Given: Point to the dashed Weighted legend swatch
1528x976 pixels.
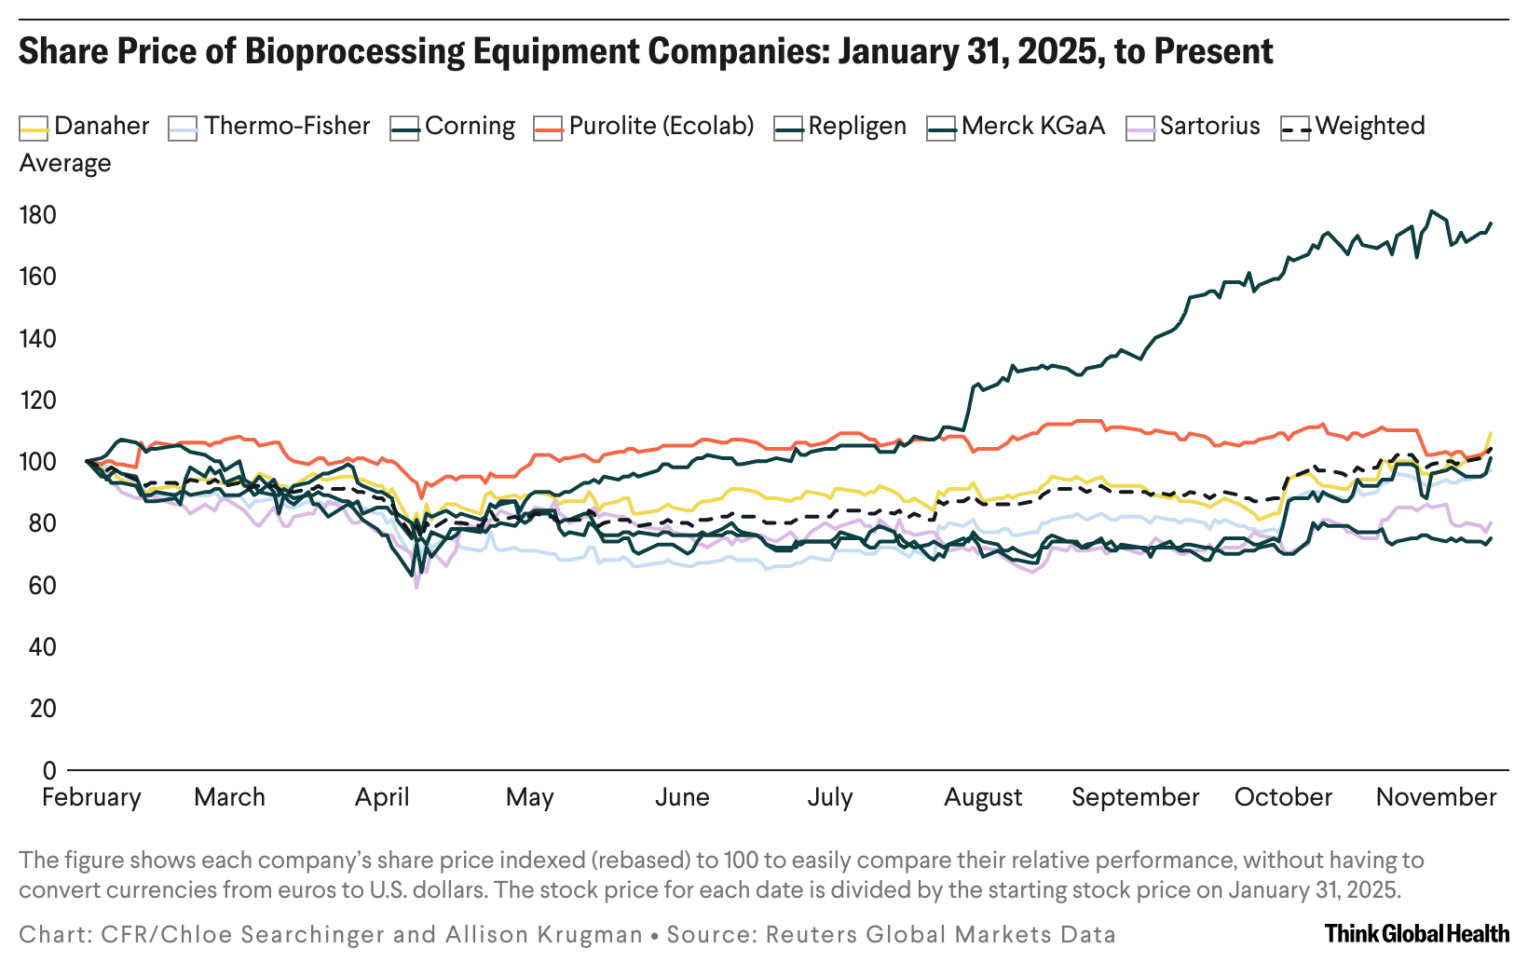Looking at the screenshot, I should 1296,129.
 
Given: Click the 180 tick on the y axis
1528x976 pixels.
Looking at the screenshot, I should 37,215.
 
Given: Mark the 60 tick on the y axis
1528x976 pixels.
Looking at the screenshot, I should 37,585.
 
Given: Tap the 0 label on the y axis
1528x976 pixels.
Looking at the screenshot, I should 49,770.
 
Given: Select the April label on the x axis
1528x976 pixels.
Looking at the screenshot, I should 382,797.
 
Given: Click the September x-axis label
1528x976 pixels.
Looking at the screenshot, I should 1135,797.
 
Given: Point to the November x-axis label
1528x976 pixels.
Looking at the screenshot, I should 1436,797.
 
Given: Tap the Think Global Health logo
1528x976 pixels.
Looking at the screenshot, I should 1416,933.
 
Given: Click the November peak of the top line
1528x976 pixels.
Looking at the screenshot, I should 1432,211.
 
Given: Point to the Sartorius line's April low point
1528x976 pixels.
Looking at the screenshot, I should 416,587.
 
